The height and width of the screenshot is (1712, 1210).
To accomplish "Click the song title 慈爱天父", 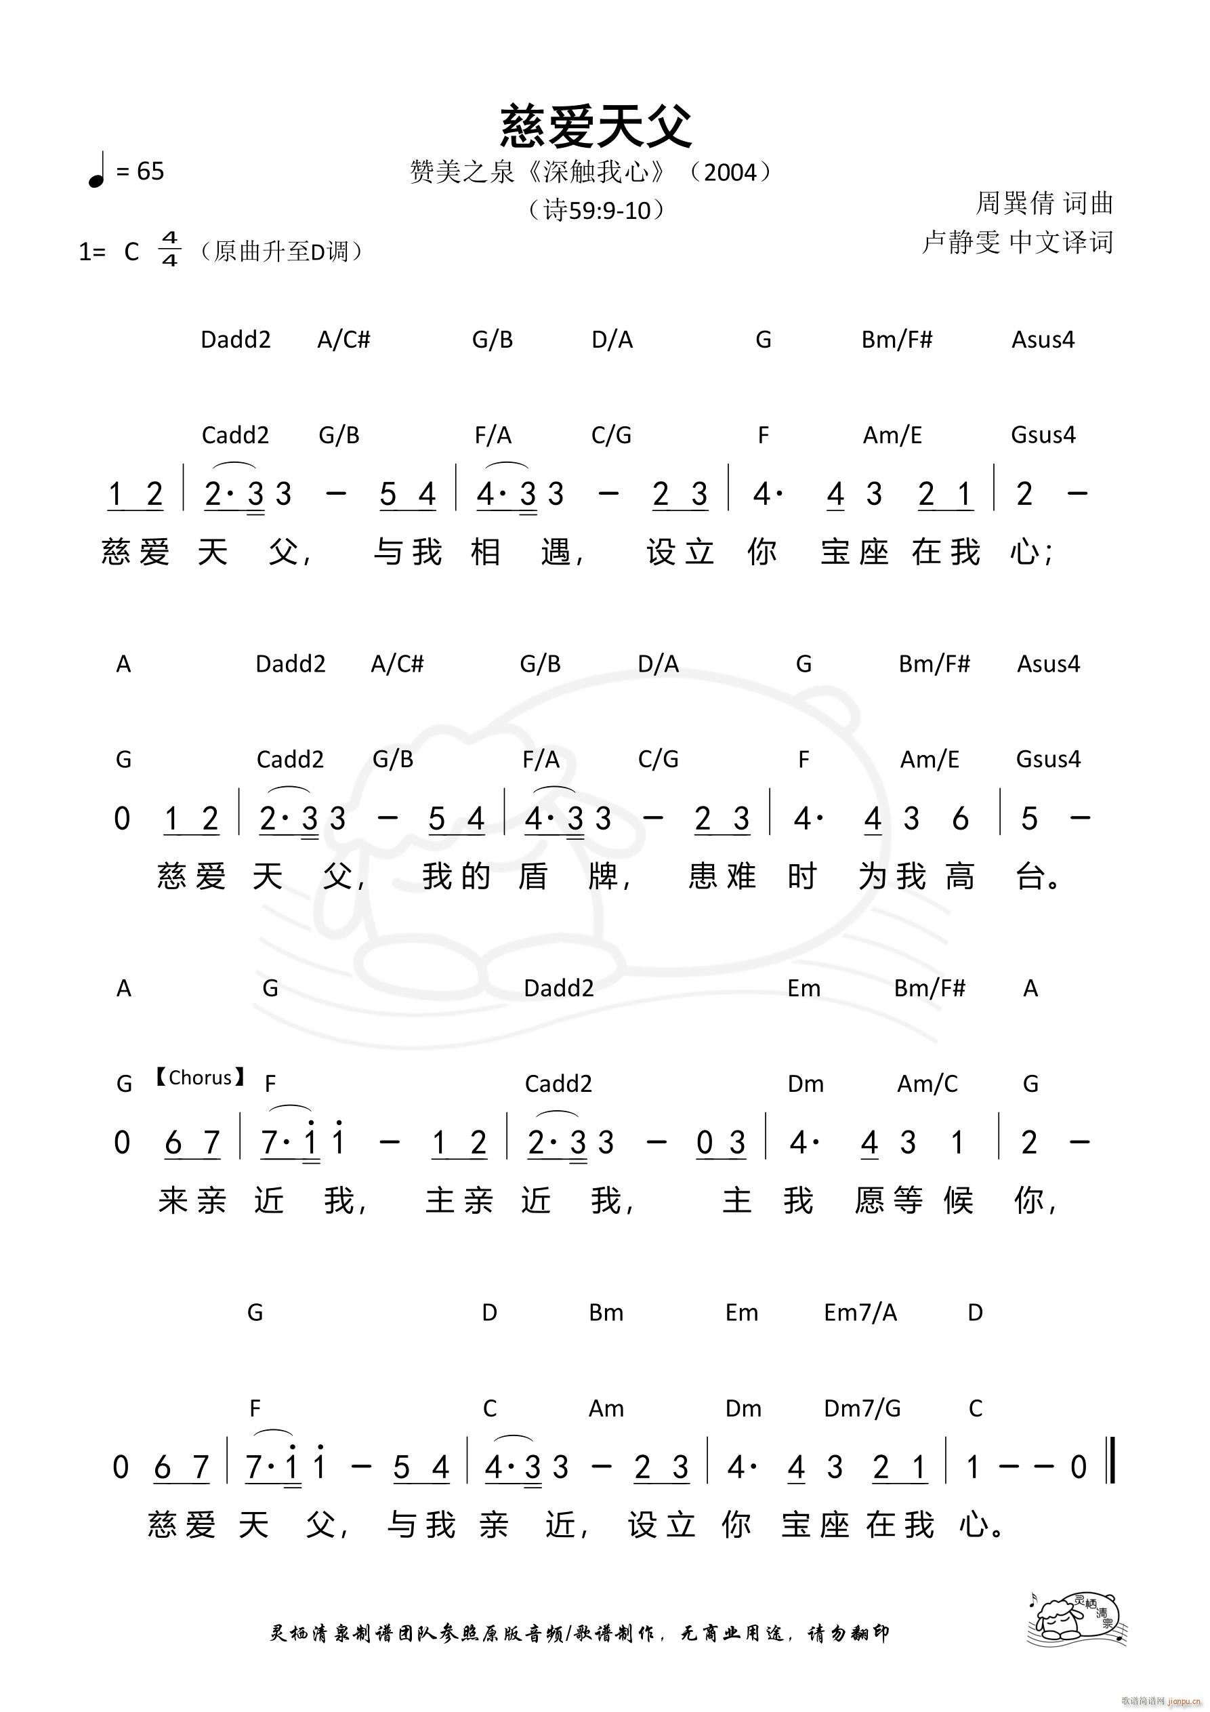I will click(596, 126).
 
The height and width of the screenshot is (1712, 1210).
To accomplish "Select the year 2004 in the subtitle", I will click(730, 173).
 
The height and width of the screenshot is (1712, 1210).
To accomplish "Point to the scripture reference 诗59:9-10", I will click(596, 211).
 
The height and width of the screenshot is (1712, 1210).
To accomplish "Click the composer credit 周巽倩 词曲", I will click(1044, 203).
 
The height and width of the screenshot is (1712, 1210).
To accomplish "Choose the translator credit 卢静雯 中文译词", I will click(1018, 243).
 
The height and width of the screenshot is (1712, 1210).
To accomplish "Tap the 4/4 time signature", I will click(170, 249).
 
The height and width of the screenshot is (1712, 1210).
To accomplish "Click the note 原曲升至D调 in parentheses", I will click(281, 252).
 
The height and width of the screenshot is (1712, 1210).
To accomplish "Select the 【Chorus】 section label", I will click(199, 1078).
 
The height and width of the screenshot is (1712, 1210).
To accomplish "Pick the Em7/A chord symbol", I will click(860, 1312).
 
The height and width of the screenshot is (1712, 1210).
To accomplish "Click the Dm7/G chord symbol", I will click(862, 1408).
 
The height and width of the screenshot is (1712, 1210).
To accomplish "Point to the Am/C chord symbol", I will click(927, 1084).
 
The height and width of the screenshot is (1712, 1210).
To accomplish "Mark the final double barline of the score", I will click(1112, 1467).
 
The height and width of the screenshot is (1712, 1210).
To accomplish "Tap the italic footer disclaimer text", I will click(579, 1633).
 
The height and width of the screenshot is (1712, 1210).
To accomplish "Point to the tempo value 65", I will click(150, 171).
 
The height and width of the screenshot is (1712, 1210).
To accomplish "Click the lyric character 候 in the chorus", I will click(959, 1200).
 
